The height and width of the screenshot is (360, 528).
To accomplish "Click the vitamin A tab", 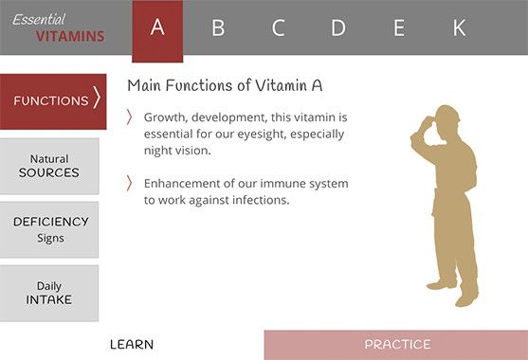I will coord(157,28).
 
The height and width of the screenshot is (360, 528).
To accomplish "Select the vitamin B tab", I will coord(218,28).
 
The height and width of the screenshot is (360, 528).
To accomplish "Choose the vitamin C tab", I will coord(278,28).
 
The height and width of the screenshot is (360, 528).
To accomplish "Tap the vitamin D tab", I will coord(338,28).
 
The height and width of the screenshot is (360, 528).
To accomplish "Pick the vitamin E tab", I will coord(399,28).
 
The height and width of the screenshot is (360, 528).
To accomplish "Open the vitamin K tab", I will coord(459,28).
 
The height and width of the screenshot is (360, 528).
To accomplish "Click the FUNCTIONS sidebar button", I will coord(53,100).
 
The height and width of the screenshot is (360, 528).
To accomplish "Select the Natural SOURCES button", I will coord(49,166).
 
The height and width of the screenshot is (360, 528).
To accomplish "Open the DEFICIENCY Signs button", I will coord(50,229).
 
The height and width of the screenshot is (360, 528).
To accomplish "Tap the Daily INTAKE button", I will coord(49,293).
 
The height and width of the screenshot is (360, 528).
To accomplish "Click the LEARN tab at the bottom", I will coord(131,345).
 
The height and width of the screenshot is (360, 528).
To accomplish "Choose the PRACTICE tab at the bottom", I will coord(396,345).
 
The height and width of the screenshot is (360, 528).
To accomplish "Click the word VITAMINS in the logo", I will coord(71,37).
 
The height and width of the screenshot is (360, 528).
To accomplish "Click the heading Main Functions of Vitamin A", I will coord(225,85).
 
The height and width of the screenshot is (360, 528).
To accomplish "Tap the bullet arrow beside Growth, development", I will coord(130,118).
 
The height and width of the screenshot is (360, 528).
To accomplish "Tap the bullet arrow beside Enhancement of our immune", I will coord(130,184).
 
